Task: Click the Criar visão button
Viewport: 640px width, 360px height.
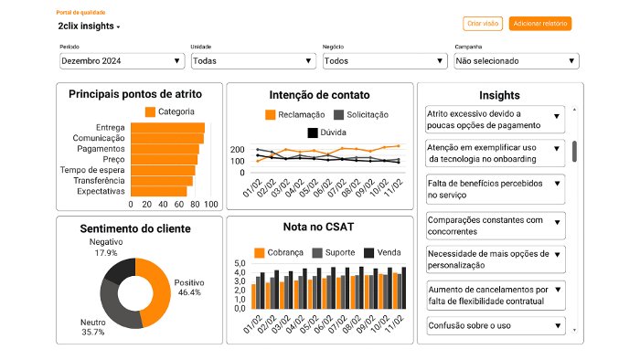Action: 483,23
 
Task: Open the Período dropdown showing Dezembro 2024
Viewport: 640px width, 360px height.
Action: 122,61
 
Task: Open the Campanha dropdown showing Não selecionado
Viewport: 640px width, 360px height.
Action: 517,61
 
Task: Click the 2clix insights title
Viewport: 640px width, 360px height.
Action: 87,26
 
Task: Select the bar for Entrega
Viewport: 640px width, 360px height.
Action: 167,128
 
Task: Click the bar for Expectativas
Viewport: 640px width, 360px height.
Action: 158,191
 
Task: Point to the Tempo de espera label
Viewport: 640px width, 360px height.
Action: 92,170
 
